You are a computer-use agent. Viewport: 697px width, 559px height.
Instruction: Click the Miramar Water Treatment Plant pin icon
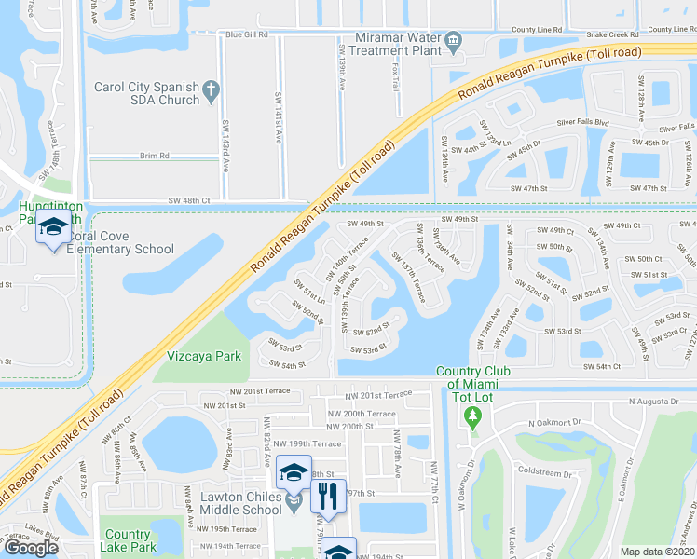(x=453, y=40)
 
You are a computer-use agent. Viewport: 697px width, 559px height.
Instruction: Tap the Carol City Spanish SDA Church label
(x=147, y=93)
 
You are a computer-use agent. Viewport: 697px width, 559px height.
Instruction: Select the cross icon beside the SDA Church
(x=212, y=89)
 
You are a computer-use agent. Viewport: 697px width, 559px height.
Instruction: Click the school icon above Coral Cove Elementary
(x=51, y=226)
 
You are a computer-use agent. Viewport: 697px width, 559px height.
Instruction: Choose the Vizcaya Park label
(x=204, y=356)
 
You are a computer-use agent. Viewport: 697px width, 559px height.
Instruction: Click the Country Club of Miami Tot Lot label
(x=473, y=378)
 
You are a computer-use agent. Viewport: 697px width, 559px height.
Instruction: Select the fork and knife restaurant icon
(x=327, y=496)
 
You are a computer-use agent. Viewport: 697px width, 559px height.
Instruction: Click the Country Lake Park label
(x=128, y=541)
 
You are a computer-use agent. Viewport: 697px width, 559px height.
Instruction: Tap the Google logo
(x=31, y=548)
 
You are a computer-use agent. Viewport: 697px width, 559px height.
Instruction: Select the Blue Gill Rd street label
(x=247, y=34)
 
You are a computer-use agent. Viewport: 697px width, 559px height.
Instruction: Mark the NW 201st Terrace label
(x=377, y=396)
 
